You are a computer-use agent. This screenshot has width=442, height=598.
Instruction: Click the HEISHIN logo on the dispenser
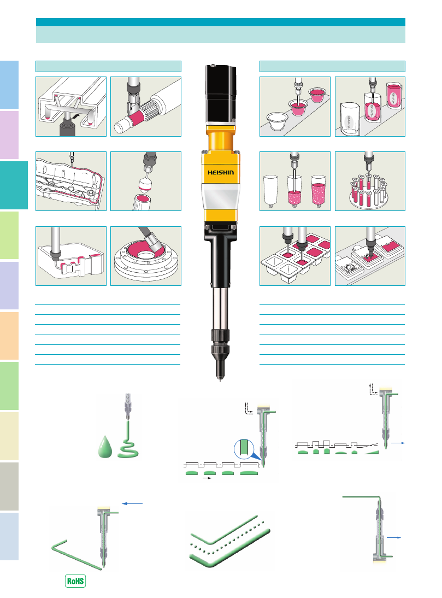pos(221,172)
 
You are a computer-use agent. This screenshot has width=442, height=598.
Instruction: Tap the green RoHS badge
pos(75,581)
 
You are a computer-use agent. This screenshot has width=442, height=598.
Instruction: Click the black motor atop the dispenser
pos(221,93)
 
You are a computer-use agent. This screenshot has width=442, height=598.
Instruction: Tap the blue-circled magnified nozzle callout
pos(244,449)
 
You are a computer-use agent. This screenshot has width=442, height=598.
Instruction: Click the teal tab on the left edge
pos(14,185)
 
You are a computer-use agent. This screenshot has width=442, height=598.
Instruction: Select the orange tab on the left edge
pos(9,336)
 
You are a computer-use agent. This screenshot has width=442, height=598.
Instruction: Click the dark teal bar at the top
pos(221,22)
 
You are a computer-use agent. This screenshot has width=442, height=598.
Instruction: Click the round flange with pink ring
pos(146,259)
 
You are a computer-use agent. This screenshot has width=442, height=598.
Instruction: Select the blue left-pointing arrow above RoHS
pos(132,504)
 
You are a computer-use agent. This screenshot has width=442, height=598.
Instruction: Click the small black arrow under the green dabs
pos(207,478)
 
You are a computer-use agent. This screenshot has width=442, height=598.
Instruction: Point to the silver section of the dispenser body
pos(220,196)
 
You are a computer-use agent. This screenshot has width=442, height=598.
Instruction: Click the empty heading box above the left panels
pos(108,66)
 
